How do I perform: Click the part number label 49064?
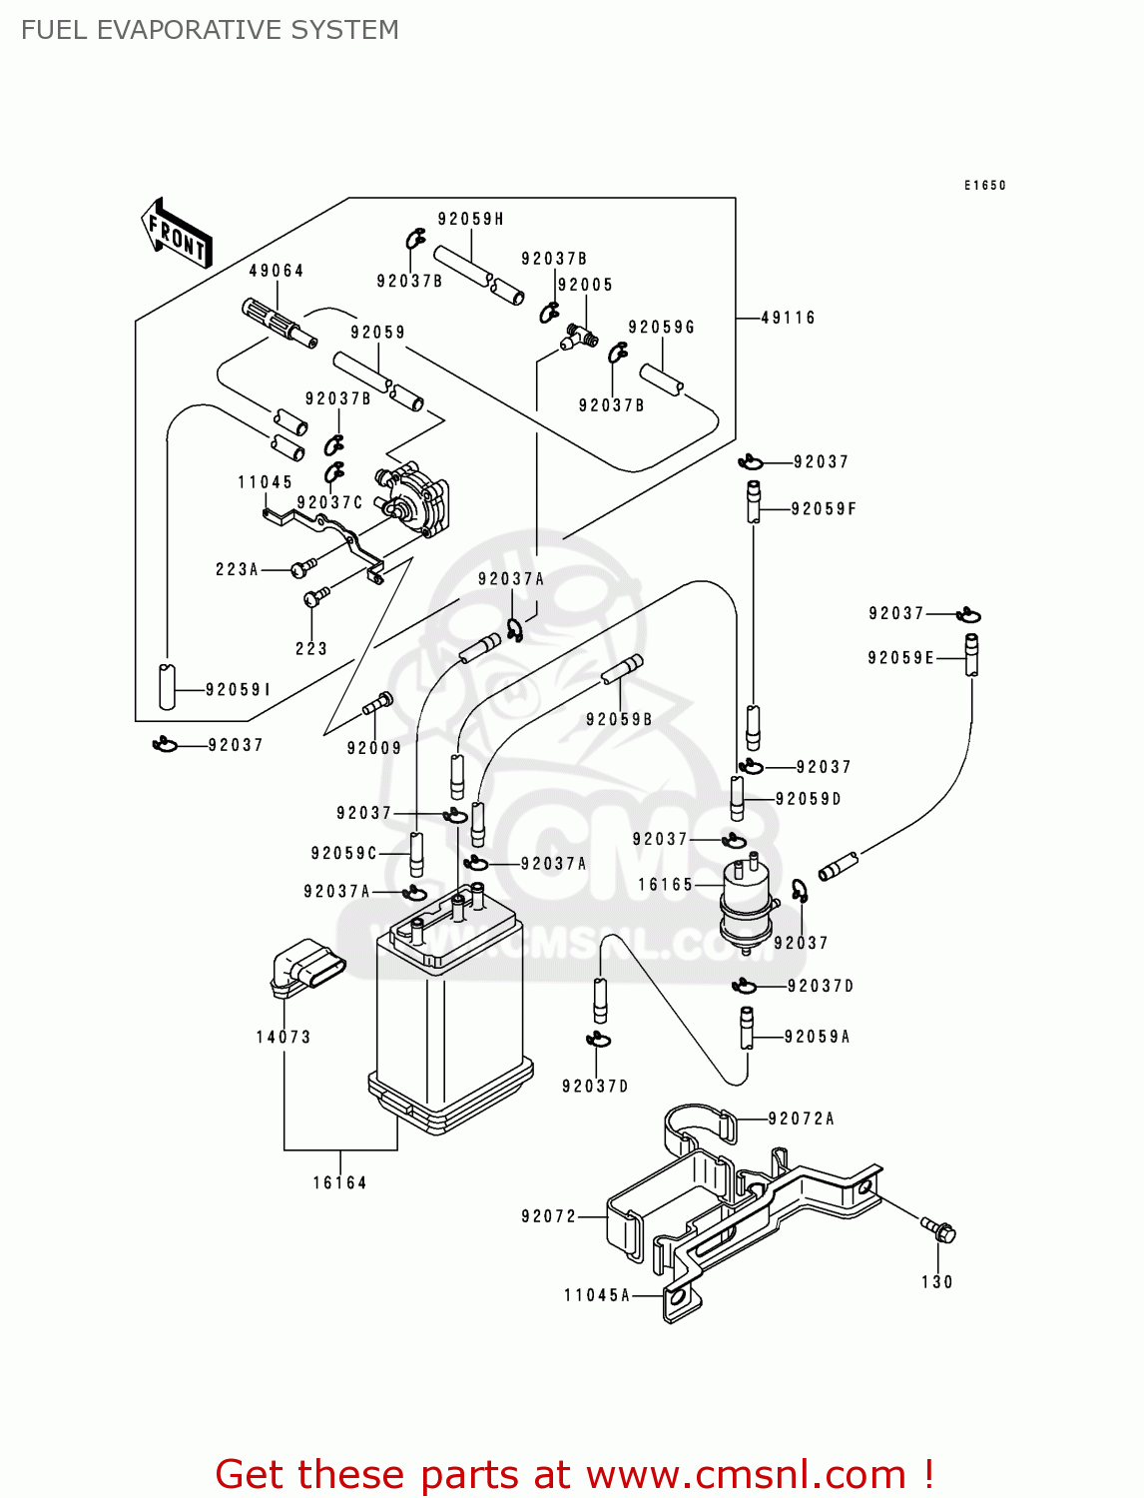[277, 271]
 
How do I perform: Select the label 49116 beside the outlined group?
[788, 318]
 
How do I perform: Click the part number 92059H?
[470, 219]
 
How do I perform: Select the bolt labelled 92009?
[379, 703]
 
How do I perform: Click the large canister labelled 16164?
[449, 1019]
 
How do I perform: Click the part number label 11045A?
[597, 1295]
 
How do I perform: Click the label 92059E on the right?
[900, 657]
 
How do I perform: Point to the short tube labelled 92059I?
[167, 685]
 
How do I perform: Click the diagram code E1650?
[984, 185]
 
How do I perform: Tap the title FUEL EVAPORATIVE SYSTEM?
[210, 30]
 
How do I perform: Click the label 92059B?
[619, 719]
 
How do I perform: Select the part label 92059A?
[817, 1037]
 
